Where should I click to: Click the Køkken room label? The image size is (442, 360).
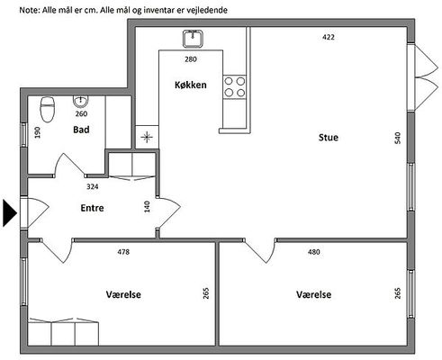coord(191,85)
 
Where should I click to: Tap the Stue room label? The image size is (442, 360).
coord(329,138)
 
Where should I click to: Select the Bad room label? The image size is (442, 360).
coord(81,130)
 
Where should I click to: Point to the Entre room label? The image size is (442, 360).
coord(92,208)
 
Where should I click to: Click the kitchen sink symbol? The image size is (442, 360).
coord(193,39)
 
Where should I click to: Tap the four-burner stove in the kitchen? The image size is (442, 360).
coord(235,87)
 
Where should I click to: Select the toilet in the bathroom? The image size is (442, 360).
coord(48,109)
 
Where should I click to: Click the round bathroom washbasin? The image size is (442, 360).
coord(80,102)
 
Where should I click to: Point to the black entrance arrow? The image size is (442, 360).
coord(10,212)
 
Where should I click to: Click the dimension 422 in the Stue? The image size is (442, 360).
coord(329,37)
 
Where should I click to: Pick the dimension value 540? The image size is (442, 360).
coord(398,138)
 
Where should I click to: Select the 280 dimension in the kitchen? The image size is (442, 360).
coord(191,59)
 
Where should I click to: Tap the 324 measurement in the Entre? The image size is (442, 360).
coord(93,186)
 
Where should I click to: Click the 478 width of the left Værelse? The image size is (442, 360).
coord(123,252)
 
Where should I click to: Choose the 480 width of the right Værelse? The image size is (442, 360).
coord(314,252)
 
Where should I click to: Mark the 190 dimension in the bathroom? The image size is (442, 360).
coord(38,132)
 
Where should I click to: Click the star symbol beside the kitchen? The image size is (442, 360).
coord(147,138)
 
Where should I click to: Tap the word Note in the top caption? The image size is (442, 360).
coord(30,10)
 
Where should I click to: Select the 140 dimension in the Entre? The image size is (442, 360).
coord(147,207)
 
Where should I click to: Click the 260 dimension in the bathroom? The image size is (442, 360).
coord(81,113)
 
